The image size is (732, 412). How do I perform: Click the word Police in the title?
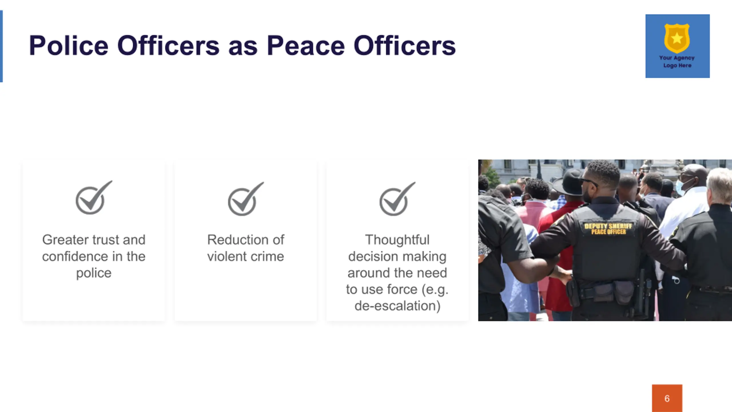69,45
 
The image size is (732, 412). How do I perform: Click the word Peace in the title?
306,45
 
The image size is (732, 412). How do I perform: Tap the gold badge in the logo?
677,38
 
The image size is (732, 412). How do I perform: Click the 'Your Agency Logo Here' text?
677,62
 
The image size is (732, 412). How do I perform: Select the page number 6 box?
667,398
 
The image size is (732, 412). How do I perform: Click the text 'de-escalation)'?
397,306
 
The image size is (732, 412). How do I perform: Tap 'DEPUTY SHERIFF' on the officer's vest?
608,226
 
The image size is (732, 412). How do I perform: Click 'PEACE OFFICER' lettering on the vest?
608,232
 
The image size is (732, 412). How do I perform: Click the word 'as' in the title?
243,48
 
